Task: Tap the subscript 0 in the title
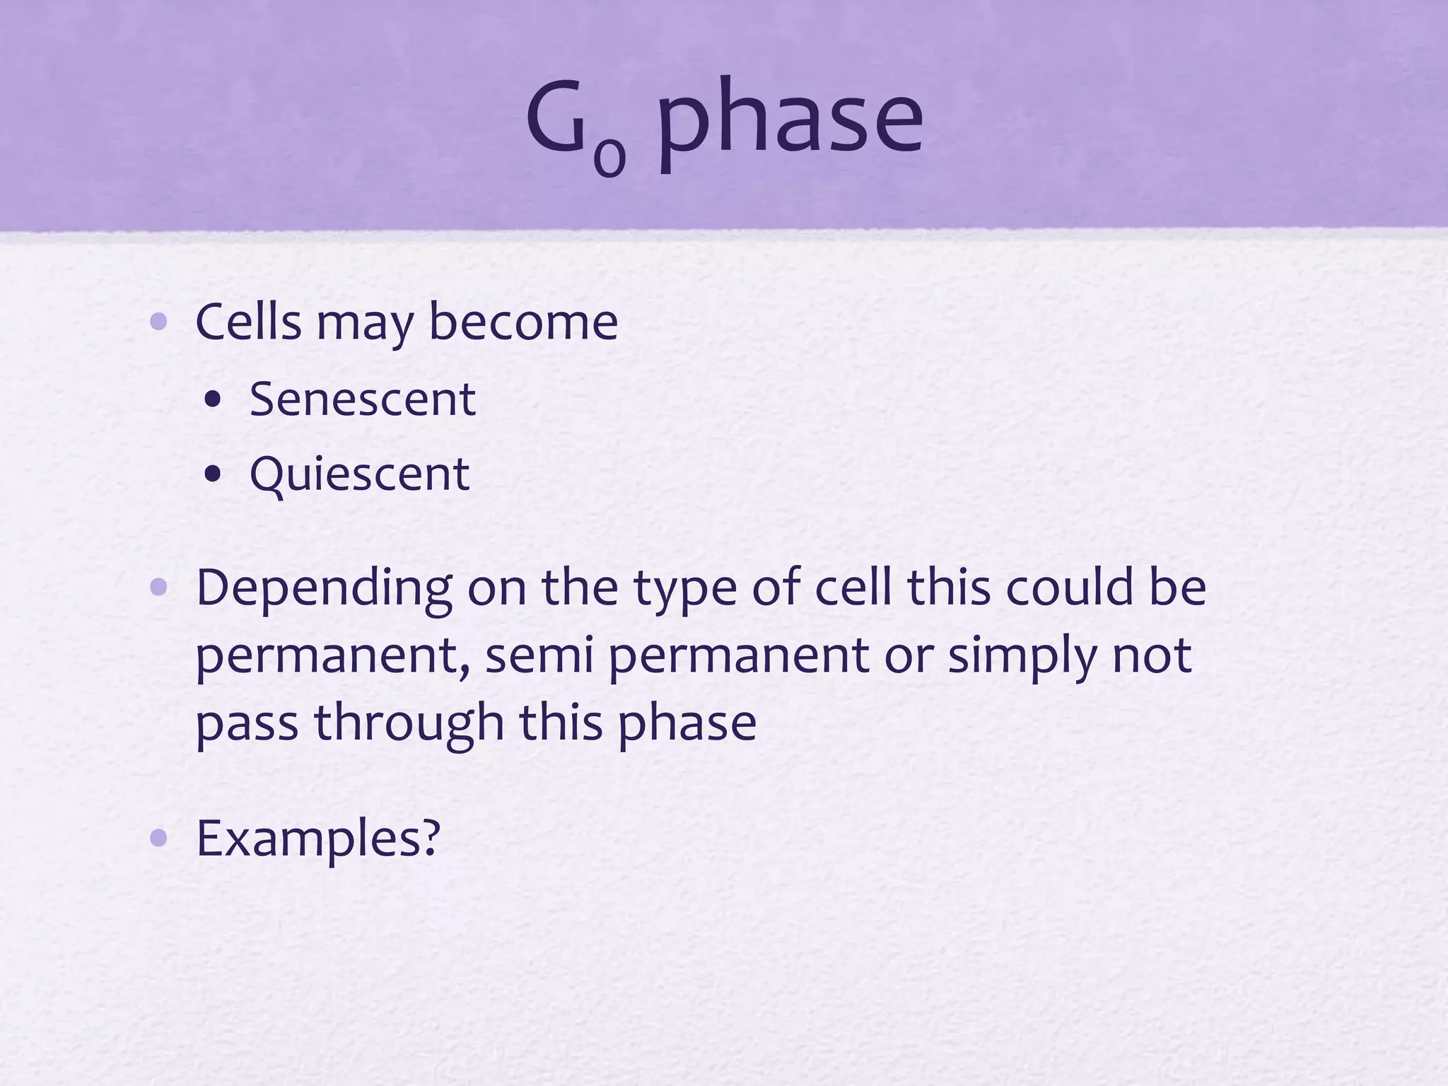tap(609, 157)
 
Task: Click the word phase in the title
tap(790, 120)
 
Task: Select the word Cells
tap(249, 322)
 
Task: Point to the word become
tap(523, 322)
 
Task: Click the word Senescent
tap(362, 399)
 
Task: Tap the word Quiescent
tap(359, 474)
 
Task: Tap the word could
tap(1070, 588)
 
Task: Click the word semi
tap(539, 656)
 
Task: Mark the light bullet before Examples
tap(158, 839)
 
